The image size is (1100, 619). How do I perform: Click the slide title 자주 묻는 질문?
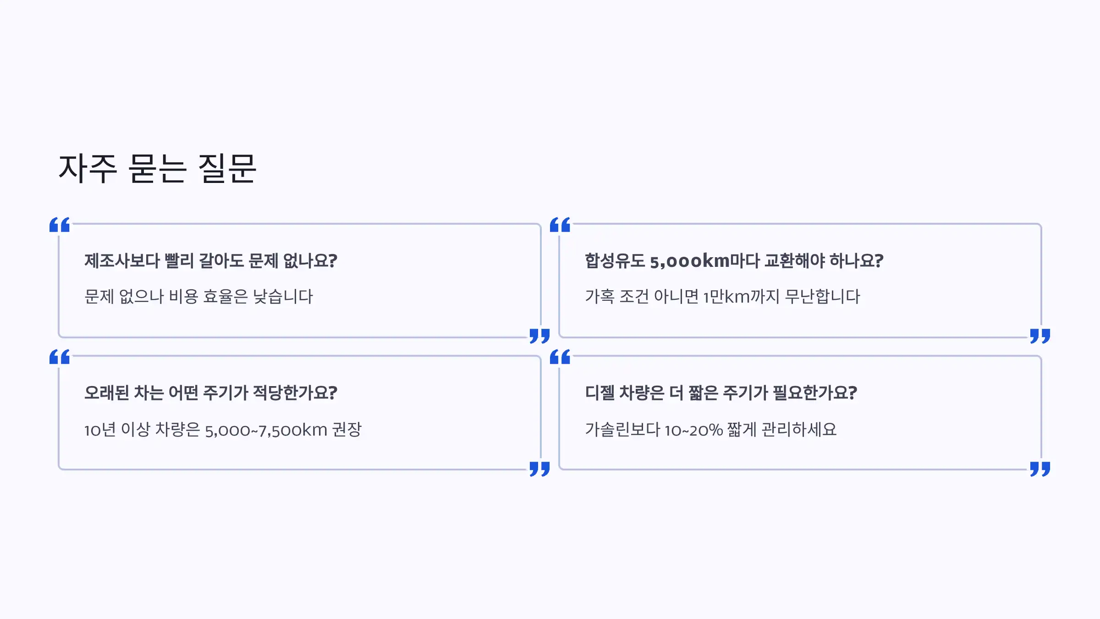(157, 169)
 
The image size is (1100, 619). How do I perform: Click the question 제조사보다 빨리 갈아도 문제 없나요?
(211, 261)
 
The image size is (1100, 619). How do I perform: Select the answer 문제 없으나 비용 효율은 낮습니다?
(198, 297)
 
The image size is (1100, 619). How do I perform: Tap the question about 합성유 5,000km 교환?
(734, 261)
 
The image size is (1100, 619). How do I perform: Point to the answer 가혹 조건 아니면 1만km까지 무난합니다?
(722, 297)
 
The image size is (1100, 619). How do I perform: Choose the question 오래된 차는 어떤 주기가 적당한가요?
(211, 393)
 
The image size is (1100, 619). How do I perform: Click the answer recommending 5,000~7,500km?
(223, 430)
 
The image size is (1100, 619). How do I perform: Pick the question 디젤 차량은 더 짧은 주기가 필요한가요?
(721, 393)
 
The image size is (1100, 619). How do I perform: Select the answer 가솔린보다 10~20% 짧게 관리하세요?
(711, 430)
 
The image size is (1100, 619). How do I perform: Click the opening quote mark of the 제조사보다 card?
(60, 225)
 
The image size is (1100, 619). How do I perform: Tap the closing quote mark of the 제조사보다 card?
(539, 336)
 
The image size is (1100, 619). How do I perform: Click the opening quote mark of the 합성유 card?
(560, 225)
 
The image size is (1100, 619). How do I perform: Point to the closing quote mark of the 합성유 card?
(1040, 336)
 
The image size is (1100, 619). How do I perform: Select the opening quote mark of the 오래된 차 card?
(60, 357)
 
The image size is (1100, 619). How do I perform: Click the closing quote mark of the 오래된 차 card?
(539, 469)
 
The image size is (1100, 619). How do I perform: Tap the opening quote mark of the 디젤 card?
(560, 357)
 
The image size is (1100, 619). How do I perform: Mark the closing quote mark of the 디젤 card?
(1040, 469)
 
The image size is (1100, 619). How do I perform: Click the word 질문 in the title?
(227, 169)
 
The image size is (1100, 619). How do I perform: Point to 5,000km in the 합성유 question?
(690, 261)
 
